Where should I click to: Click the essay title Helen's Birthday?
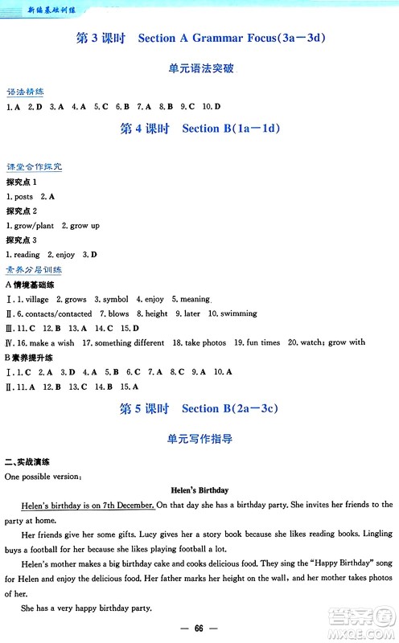(x=200, y=489)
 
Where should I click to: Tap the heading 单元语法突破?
(x=200, y=70)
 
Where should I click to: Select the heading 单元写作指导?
(x=200, y=439)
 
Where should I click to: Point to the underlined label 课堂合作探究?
(x=34, y=167)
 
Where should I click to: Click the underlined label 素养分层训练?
(x=34, y=270)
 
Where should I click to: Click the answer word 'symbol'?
(x=115, y=299)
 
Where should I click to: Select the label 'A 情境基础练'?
(x=30, y=285)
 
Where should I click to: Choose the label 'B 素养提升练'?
(x=30, y=357)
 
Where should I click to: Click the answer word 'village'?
(x=37, y=299)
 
